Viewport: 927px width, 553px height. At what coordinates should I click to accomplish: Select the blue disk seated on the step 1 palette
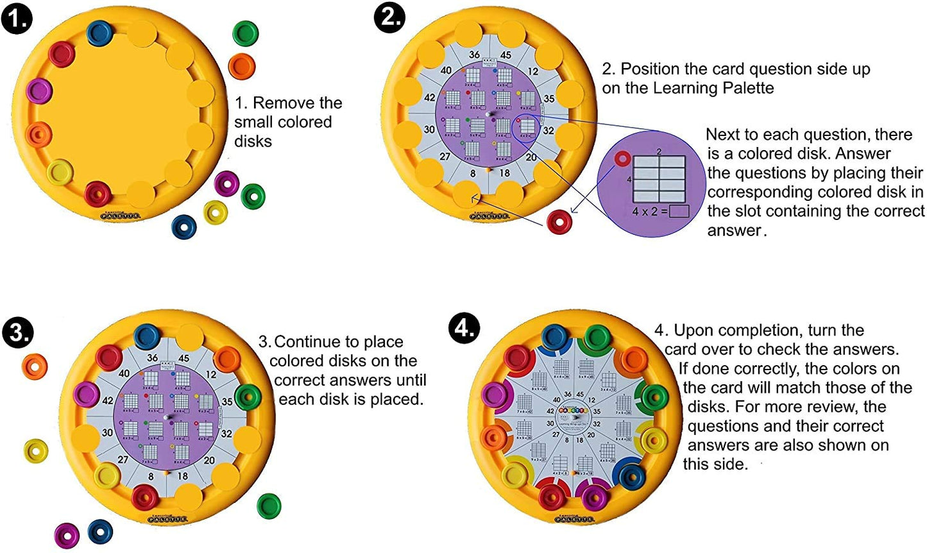pos(99,33)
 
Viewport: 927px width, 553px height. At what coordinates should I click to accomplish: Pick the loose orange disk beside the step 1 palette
pos(242,67)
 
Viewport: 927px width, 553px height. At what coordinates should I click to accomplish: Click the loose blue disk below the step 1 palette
pos(185,226)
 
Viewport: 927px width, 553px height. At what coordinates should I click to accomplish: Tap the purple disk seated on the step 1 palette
pos(39,90)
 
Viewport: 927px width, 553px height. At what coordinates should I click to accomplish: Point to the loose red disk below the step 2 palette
pos(559,222)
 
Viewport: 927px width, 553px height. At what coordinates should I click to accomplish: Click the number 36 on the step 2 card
pos(474,55)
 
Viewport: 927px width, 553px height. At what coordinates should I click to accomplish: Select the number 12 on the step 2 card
pos(533,71)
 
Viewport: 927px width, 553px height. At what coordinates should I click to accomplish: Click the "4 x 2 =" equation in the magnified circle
pos(649,211)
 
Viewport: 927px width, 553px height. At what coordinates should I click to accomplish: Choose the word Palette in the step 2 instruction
pos(744,88)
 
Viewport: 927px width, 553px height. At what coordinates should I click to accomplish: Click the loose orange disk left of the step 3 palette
pos(35,366)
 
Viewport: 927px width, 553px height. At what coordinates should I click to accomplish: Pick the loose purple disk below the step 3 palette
pos(67,534)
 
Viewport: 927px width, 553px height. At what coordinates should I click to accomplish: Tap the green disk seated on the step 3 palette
pos(248,397)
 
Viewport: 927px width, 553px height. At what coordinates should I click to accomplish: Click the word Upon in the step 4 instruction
pos(694,330)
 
